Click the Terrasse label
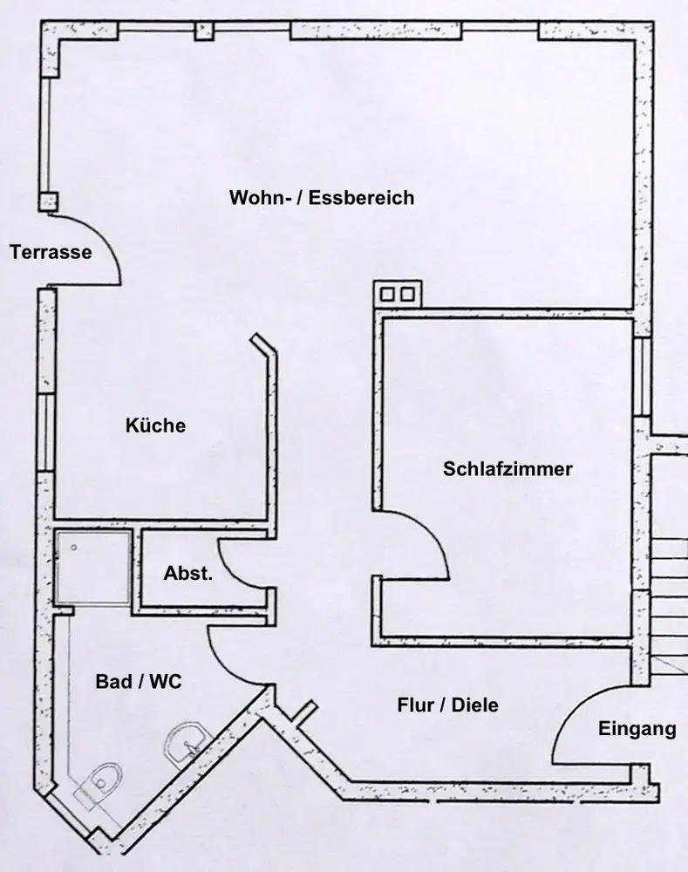point(51,253)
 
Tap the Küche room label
point(155,426)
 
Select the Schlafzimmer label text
point(507,469)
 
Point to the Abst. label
point(187,574)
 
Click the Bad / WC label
point(138,682)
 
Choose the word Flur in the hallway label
point(415,705)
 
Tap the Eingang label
point(637,729)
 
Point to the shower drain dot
point(75,547)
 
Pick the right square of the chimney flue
point(406,294)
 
